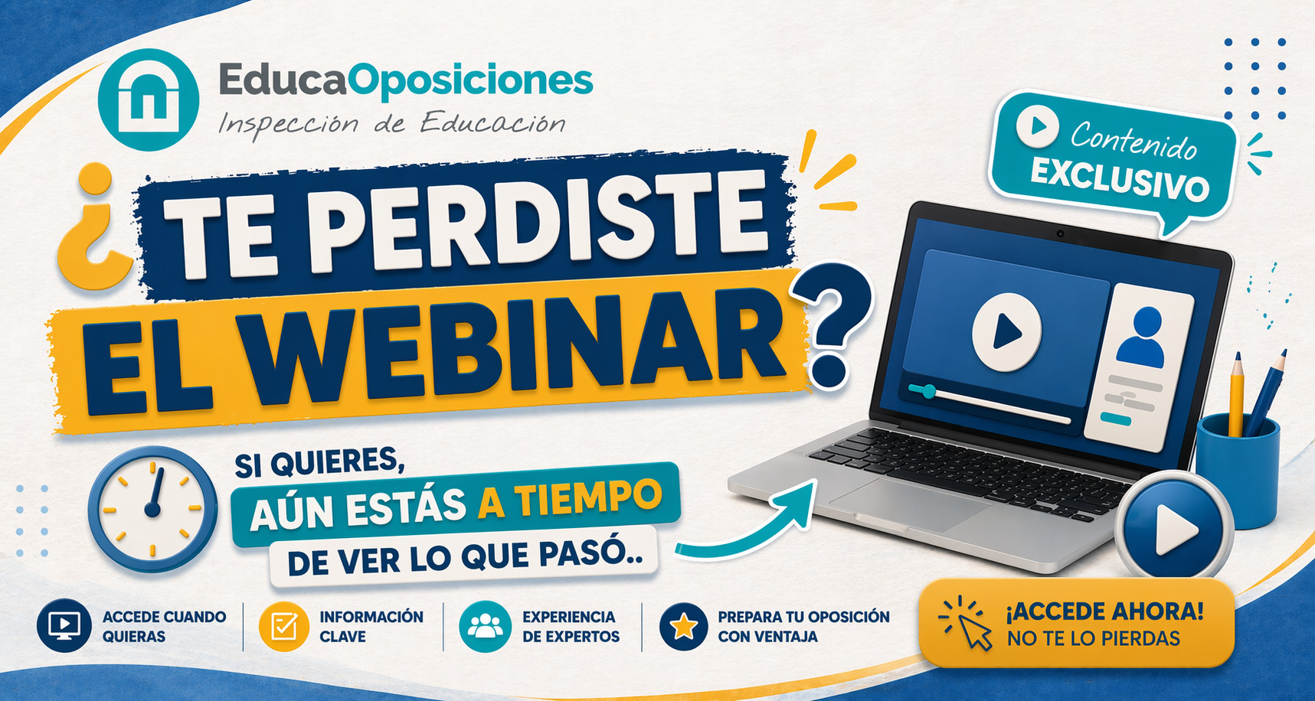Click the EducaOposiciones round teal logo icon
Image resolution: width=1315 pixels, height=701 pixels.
tap(149, 99)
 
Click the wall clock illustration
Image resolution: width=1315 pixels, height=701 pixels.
tap(153, 509)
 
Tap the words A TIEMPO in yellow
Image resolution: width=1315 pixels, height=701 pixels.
tap(570, 498)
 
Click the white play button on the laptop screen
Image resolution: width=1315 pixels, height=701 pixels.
tap(1006, 332)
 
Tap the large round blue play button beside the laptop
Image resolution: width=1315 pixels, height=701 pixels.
tap(1173, 527)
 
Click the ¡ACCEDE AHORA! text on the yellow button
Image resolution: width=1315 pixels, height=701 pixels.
tap(1104, 611)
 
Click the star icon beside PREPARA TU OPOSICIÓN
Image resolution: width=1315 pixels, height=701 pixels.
tap(683, 627)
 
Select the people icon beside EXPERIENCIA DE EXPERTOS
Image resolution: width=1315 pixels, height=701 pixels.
tap(485, 627)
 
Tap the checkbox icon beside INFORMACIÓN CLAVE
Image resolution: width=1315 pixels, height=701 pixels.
tap(284, 627)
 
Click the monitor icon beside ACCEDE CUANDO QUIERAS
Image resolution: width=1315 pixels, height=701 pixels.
tap(64, 626)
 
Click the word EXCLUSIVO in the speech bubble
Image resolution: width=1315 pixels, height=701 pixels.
tap(1119, 180)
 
